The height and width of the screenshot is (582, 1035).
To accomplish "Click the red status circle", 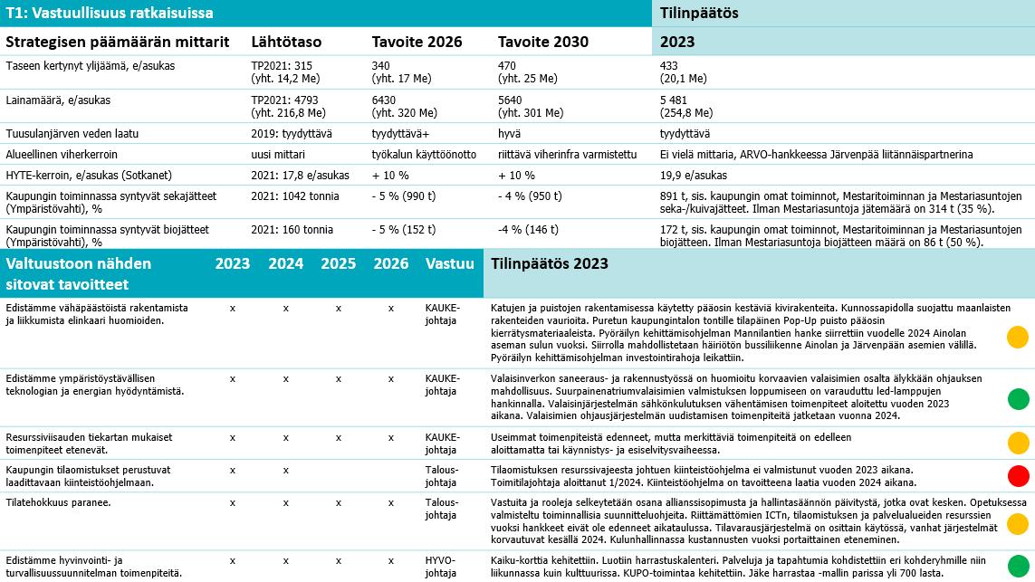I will click(x=1018, y=476).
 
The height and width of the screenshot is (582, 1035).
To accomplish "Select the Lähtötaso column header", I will click(x=286, y=42).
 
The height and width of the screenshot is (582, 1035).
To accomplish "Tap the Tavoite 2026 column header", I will click(x=417, y=42).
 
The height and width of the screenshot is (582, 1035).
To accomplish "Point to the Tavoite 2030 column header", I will click(x=543, y=42).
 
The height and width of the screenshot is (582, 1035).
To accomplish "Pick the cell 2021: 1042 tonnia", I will click(x=295, y=196).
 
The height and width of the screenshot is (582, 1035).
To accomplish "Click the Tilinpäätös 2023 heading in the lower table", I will click(x=550, y=264).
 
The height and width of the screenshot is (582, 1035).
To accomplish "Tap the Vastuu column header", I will click(x=449, y=264).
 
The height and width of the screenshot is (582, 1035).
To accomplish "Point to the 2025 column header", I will click(x=339, y=264).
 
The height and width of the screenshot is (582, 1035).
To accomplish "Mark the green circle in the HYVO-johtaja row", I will click(x=1018, y=565).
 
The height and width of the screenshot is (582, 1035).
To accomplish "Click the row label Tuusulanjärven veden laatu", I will click(x=72, y=134).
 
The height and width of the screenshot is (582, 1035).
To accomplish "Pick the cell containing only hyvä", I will click(x=508, y=134).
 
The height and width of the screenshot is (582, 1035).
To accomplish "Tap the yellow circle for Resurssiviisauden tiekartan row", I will click(x=1018, y=443).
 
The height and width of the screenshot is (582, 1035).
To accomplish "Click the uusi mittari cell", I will click(x=276, y=154).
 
